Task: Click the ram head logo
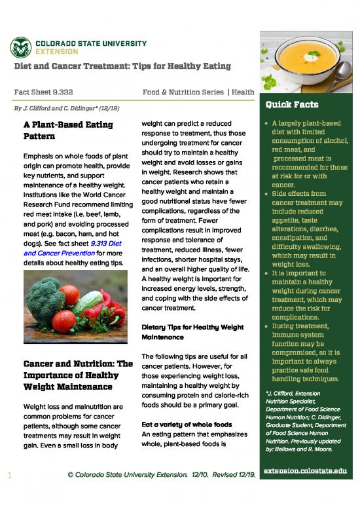(21, 46)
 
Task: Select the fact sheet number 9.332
(43, 92)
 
